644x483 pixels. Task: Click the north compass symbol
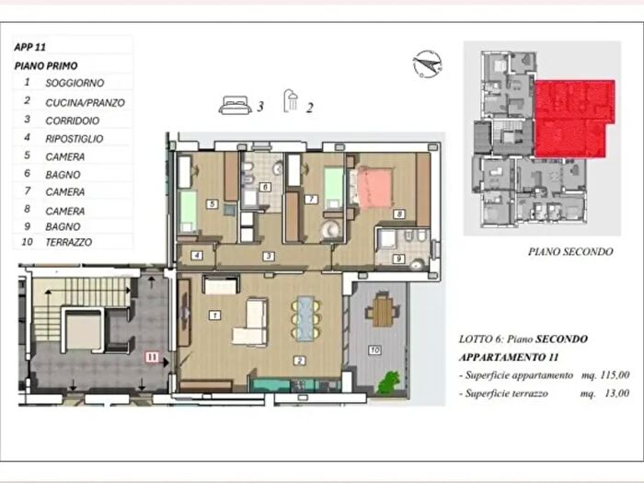428,64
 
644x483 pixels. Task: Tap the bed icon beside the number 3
235,105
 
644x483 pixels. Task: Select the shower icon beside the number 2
291,101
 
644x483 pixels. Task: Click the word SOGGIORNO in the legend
75,83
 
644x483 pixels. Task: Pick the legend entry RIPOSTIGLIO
75,139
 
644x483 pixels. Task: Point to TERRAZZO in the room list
69,242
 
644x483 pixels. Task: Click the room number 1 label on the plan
214,316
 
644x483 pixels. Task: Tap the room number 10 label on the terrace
374,350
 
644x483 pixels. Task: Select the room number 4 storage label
197,256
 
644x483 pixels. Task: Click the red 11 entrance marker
152,357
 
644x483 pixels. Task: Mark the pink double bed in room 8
374,188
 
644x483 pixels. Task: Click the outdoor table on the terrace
383,310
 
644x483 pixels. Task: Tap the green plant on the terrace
388,382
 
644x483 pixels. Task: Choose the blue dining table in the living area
306,318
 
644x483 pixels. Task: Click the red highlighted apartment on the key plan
574,119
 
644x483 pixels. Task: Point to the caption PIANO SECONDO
570,252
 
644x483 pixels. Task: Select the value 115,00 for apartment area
615,375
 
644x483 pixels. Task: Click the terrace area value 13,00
617,394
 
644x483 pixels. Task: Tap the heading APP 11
30,47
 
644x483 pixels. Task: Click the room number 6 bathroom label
265,188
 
